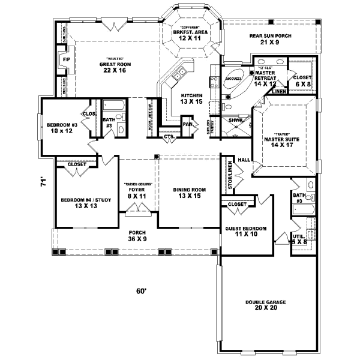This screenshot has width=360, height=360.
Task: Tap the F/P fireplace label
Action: pyautogui.click(x=65, y=60)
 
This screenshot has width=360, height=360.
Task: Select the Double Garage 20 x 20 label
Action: pyautogui.click(x=269, y=305)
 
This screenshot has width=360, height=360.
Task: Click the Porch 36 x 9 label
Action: pyautogui.click(x=138, y=236)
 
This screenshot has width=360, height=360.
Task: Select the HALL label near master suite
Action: pyautogui.click(x=244, y=160)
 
